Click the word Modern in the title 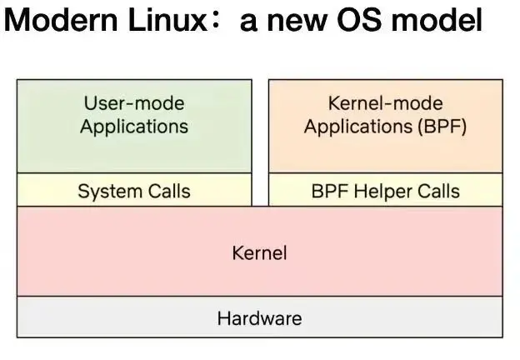click(x=61, y=20)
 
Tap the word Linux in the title click(x=167, y=20)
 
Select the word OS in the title click(x=358, y=20)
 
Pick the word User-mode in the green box click(x=134, y=103)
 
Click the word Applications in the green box click(x=134, y=127)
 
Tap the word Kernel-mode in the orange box click(x=385, y=103)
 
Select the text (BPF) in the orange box click(x=442, y=127)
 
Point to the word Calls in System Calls click(x=169, y=191)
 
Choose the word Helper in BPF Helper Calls click(x=383, y=192)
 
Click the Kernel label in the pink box click(x=259, y=253)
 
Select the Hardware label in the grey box click(x=259, y=318)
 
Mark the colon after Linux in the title click(x=216, y=21)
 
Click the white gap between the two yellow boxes click(x=260, y=189)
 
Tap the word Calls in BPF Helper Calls click(x=438, y=191)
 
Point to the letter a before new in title click(x=248, y=22)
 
